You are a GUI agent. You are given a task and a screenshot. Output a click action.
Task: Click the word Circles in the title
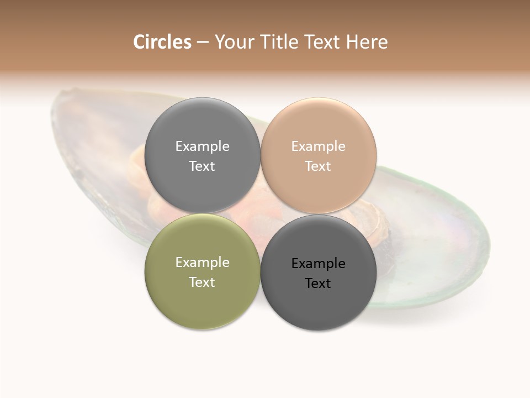point(162,42)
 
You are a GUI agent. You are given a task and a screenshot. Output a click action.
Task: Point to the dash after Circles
point(202,43)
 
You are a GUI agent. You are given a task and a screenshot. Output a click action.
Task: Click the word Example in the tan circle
point(318,146)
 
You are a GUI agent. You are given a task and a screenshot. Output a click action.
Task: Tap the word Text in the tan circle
point(318,166)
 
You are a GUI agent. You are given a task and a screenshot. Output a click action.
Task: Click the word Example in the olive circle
point(202,263)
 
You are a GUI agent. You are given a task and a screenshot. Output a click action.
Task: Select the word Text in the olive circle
point(202,282)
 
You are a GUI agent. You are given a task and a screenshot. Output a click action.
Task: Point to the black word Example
point(318,264)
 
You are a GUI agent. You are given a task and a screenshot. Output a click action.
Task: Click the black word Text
point(318,283)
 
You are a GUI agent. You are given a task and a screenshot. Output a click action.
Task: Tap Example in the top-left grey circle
point(202,146)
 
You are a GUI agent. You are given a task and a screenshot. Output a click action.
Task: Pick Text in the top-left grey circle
point(202,166)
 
